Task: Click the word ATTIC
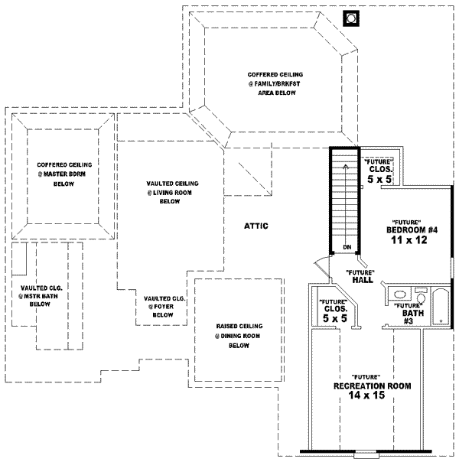click(256, 226)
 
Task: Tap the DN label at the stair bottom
click(347, 247)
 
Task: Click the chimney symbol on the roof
click(352, 16)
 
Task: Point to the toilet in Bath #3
click(420, 293)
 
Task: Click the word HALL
click(363, 280)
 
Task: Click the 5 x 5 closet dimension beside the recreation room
click(334, 317)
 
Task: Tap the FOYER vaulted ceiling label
click(162, 306)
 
